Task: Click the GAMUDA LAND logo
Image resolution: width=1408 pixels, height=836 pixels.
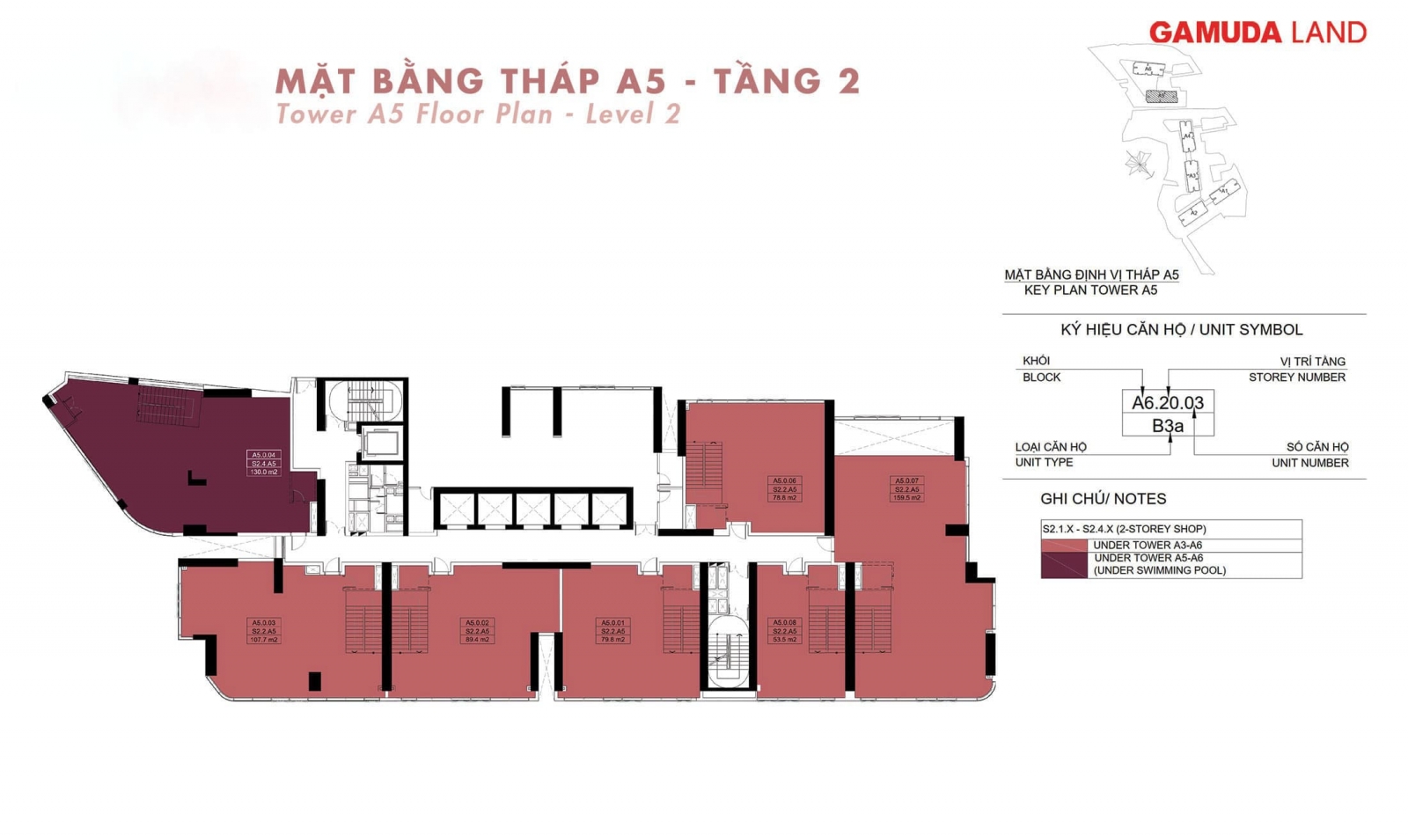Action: coord(1257,33)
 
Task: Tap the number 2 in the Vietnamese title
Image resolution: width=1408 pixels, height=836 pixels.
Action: coord(848,81)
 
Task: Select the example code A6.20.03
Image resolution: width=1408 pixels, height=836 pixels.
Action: coord(1168,403)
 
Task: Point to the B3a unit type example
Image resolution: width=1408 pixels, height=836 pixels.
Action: coord(1168,426)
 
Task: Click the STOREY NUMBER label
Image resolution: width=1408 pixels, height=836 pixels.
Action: coord(1296,377)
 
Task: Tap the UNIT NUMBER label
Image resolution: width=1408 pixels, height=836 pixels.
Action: coord(1309,463)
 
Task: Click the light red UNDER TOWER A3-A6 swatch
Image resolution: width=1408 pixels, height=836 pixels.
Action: coord(1064,546)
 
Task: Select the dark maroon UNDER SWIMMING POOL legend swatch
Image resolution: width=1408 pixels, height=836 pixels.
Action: coord(1064,565)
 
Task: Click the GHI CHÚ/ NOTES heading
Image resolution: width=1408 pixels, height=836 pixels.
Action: coord(1103,499)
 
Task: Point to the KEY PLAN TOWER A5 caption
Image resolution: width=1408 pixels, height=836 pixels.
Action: coord(1090,290)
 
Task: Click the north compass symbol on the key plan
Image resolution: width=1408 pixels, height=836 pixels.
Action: coord(1138,163)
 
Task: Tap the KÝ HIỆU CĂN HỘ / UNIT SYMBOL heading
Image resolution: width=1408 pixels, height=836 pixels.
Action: coord(1181,330)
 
